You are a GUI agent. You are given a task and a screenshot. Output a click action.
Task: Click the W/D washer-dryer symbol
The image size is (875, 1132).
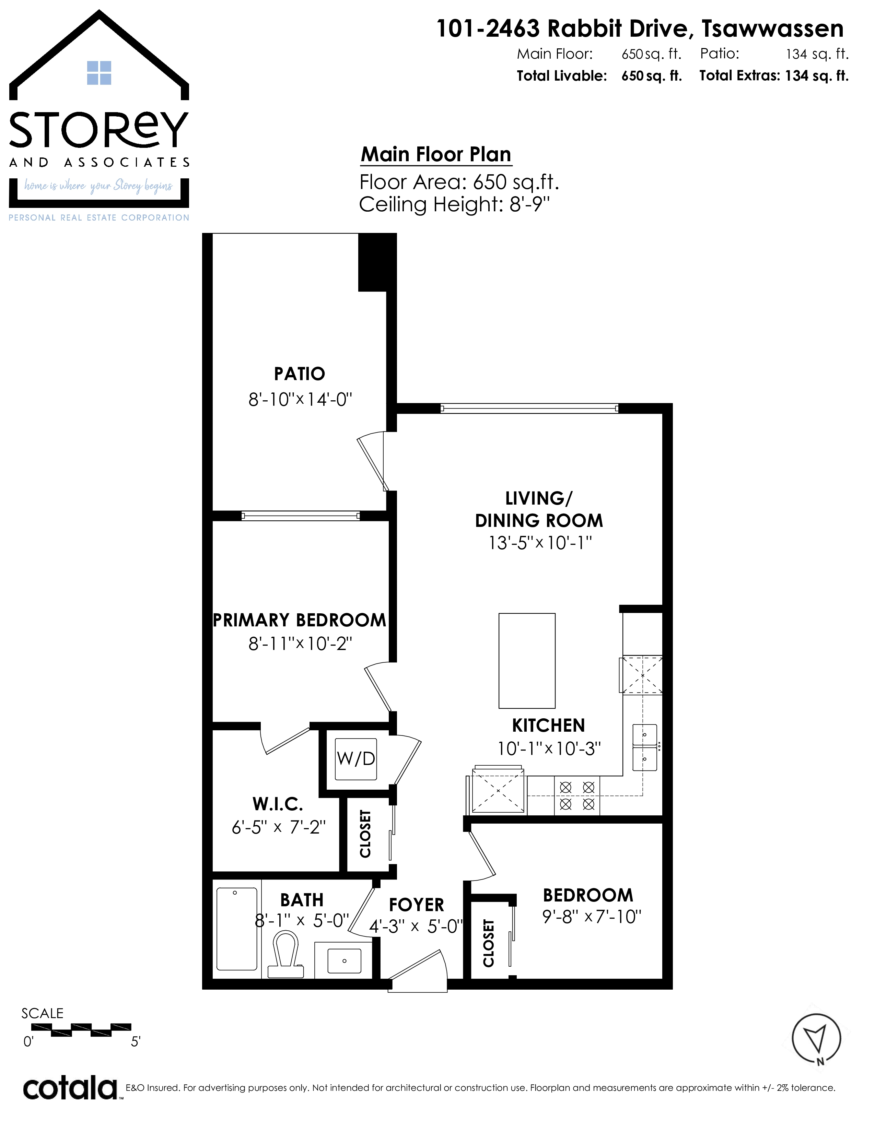pyautogui.click(x=355, y=759)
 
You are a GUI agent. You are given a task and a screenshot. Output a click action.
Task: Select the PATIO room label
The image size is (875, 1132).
pyautogui.click(x=300, y=374)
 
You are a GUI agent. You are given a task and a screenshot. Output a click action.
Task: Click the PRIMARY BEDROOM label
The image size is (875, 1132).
pyautogui.click(x=300, y=620)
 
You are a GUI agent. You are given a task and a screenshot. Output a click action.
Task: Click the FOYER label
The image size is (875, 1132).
pyautogui.click(x=416, y=905)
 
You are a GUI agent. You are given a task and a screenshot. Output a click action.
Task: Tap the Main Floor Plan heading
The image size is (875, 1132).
pyautogui.click(x=436, y=154)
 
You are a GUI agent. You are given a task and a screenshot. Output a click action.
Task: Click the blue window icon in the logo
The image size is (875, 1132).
pyautogui.click(x=99, y=73)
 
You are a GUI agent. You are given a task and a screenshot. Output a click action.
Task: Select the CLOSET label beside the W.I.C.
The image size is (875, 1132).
pyautogui.click(x=365, y=834)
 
